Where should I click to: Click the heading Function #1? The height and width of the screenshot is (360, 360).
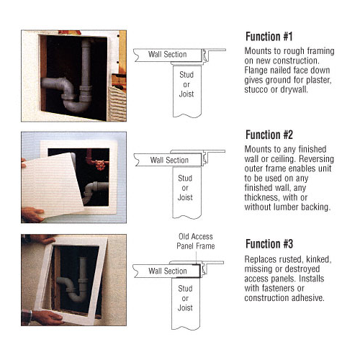(269, 37)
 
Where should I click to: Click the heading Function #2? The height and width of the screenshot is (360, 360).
(269, 135)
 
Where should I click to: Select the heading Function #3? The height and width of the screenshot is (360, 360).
(269, 244)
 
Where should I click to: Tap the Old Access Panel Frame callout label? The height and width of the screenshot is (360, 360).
(196, 241)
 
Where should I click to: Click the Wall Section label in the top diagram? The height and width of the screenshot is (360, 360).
(167, 55)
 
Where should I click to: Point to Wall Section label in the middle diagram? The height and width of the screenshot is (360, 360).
(169, 160)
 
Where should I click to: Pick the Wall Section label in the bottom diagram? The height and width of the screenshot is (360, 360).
(168, 271)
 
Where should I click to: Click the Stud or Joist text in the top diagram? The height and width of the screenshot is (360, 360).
(186, 84)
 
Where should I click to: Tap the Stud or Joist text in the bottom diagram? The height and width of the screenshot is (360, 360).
(185, 298)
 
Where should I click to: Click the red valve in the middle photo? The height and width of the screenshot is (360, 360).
(100, 165)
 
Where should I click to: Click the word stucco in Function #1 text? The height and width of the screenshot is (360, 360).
(256, 89)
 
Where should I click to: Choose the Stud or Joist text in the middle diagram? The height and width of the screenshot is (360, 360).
(185, 188)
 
